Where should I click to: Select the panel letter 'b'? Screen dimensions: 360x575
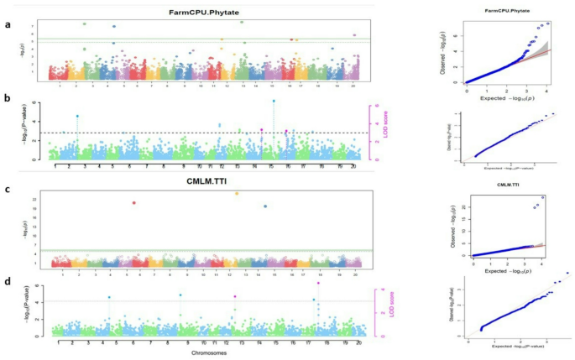pos(8,100)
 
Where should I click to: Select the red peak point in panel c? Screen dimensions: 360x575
pos(133,202)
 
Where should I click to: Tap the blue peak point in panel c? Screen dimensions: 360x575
pos(266,206)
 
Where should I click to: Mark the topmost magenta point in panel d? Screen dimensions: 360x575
pos(318,284)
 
